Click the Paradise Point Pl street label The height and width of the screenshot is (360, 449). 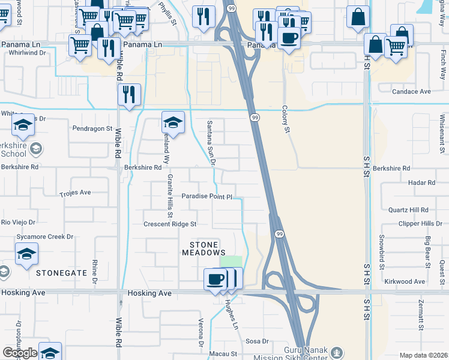(x=206, y=196)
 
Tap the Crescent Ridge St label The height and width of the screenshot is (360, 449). (x=170, y=224)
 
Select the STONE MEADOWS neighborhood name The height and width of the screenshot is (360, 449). (x=207, y=248)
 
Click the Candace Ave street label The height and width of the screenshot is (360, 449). (x=411, y=92)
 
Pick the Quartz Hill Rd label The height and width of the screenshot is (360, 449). (x=408, y=210)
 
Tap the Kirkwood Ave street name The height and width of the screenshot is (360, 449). (x=406, y=281)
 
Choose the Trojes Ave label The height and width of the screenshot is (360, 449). (x=75, y=193)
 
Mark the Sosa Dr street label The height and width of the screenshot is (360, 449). (x=257, y=341)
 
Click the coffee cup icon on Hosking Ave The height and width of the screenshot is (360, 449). (x=215, y=278)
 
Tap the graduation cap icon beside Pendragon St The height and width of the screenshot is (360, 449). (x=173, y=122)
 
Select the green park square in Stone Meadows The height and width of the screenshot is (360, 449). (x=232, y=262)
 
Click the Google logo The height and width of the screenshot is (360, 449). (x=20, y=353)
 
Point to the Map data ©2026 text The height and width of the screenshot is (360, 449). (x=423, y=355)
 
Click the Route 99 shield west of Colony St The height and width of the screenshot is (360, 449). (x=255, y=118)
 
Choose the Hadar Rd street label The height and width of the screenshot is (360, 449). (x=421, y=182)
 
